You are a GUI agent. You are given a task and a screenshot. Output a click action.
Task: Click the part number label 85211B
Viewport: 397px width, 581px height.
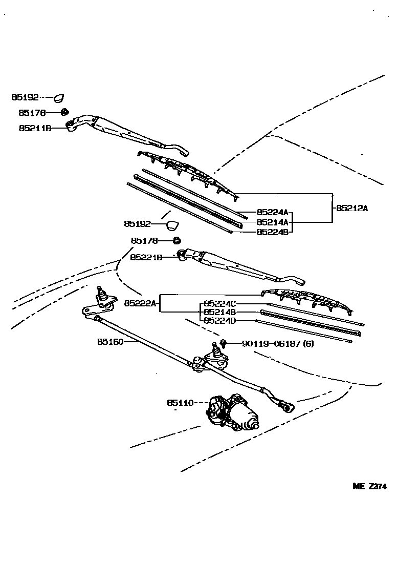[x=35, y=128]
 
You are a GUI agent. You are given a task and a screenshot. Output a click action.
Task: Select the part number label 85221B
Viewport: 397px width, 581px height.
[x=146, y=257]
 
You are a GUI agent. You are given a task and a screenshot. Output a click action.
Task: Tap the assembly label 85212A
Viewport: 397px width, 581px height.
[x=352, y=208]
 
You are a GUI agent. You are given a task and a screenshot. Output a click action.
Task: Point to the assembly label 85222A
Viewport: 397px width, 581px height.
[x=139, y=303]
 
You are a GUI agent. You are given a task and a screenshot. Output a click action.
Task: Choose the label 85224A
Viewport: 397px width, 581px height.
[x=272, y=212]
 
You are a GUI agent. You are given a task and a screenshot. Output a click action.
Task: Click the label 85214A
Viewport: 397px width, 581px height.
[x=272, y=222]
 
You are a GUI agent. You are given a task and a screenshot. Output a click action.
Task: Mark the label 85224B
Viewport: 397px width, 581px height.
[x=272, y=232]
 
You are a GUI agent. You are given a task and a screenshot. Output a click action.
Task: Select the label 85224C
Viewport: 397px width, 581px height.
[x=219, y=303]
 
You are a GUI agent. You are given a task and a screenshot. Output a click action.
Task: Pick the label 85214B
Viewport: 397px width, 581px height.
[x=219, y=312]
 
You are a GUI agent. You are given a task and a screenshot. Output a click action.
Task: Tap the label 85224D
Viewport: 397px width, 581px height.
[x=219, y=320]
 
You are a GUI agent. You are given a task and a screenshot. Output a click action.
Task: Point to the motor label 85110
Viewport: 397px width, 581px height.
[x=180, y=403]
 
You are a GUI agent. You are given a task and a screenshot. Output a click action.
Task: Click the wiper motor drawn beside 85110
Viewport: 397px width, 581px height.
[x=233, y=413]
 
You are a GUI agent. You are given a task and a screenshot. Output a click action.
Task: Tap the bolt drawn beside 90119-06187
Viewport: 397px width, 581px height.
[x=224, y=342]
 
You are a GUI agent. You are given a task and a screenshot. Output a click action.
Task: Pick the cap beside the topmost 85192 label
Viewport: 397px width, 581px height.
[x=60, y=97]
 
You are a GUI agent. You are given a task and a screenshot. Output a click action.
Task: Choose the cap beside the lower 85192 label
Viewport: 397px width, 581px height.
[x=173, y=224]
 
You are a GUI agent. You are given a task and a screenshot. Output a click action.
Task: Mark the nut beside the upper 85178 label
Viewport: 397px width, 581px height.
[x=64, y=112]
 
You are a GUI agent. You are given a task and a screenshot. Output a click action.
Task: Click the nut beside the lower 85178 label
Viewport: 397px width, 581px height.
[x=176, y=240]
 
